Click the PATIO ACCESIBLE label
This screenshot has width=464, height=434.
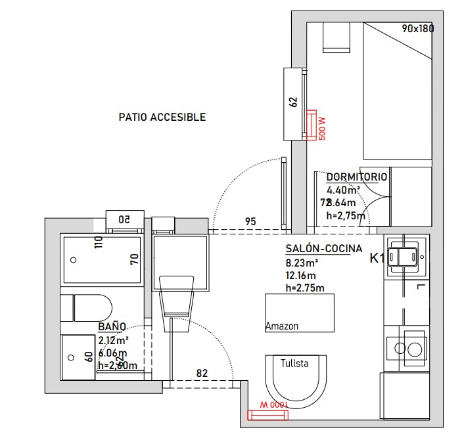tap(162, 118)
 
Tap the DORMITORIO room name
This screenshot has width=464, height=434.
tap(357, 177)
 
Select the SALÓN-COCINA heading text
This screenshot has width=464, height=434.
tap(323, 249)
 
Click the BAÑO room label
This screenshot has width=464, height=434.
tap(112, 326)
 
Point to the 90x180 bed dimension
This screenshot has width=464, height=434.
tap(417, 28)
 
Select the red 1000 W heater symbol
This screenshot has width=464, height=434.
tap(267, 414)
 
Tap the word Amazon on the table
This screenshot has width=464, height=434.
tap(282, 326)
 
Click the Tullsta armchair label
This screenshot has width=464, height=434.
tap(294, 363)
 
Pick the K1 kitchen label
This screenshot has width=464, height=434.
tap(377, 258)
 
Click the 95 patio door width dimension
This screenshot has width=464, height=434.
tap(250, 222)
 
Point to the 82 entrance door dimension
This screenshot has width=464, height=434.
tap(202, 374)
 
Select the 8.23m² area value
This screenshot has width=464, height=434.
tap(297, 262)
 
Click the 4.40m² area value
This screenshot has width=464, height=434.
tap(342, 190)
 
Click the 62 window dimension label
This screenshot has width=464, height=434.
tap(293, 102)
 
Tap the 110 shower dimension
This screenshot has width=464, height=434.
tap(99, 243)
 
